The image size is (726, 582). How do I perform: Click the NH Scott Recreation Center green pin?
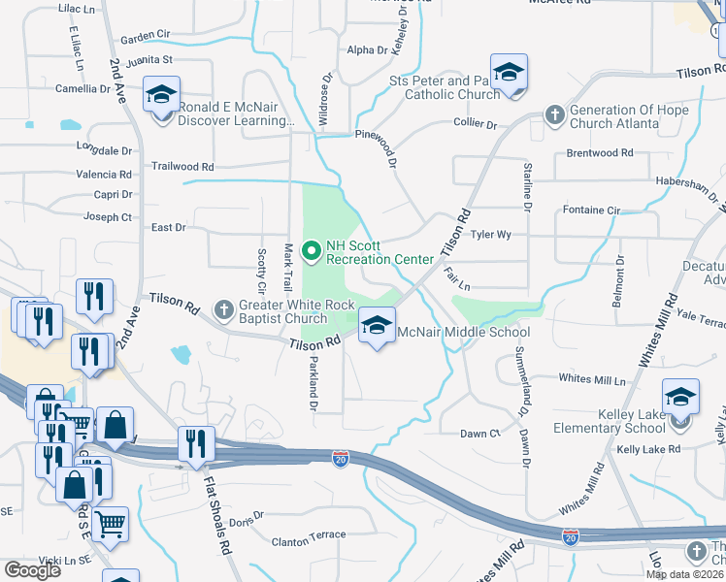(312, 252)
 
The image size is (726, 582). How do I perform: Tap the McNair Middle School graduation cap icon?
(377, 325)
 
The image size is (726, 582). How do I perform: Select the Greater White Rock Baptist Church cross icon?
(223, 310)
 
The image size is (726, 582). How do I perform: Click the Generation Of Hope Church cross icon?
(554, 115)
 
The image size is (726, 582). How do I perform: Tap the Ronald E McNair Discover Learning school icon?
(161, 96)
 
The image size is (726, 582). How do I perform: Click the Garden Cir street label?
(145, 35)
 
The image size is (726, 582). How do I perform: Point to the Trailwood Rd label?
(181, 167)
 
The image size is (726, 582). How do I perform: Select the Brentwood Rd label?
(599, 153)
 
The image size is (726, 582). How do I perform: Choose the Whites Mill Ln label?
(592, 379)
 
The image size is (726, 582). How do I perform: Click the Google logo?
(32, 570)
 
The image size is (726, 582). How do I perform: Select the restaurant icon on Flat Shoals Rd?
(196, 444)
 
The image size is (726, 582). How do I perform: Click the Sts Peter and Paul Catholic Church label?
(444, 87)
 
